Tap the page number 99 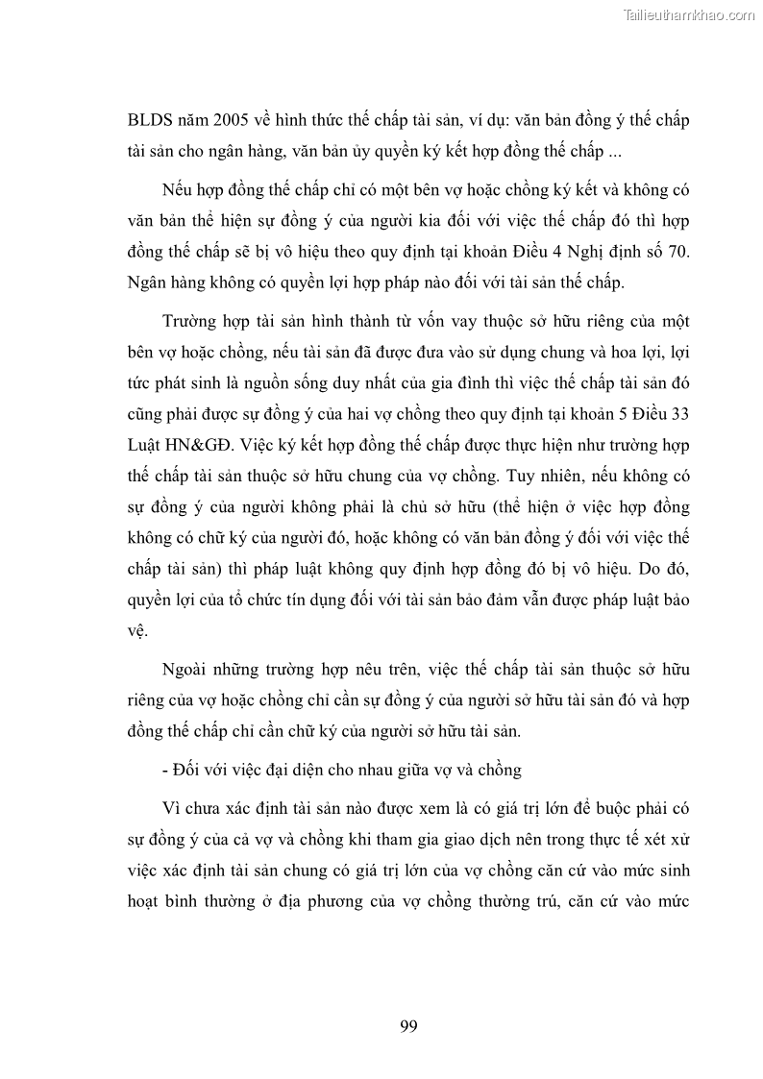pyautogui.click(x=407, y=1026)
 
